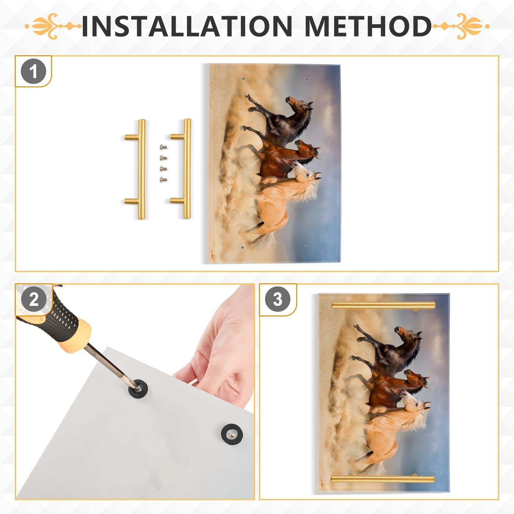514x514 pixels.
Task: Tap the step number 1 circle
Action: (x=33, y=71)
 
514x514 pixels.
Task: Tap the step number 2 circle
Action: (x=33, y=299)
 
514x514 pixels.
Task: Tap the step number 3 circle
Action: (x=278, y=299)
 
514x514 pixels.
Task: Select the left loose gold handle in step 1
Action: (x=141, y=169)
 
